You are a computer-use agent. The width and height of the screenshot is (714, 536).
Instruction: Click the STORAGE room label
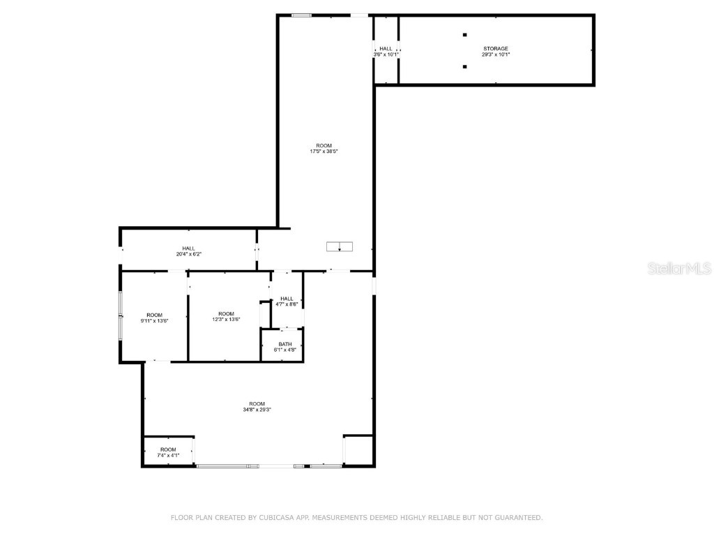coord(496,49)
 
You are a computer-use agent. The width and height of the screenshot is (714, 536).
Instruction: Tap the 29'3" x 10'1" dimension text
coord(496,54)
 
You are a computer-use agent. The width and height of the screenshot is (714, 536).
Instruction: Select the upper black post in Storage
coord(464,35)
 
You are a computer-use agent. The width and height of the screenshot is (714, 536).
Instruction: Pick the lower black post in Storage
coord(464,67)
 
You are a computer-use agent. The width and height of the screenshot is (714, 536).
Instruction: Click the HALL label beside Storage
coord(386,49)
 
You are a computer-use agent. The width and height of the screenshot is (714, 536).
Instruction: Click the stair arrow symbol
coord(340,246)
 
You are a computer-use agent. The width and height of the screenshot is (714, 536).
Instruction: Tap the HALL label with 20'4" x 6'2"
coord(188,248)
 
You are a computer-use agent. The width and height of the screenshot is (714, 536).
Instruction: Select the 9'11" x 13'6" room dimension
coord(155,320)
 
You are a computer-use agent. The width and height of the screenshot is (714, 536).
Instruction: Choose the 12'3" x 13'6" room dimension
coord(226,320)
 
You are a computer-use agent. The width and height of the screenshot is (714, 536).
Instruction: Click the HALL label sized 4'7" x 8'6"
coord(287,299)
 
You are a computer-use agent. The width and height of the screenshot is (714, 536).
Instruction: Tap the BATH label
coord(285,344)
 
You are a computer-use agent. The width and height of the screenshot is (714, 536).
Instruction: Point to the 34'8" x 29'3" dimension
coord(257,410)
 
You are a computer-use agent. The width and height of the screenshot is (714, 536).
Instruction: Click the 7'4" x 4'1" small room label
coord(168,455)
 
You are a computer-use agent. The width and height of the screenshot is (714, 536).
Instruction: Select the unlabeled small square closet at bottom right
coord(358,449)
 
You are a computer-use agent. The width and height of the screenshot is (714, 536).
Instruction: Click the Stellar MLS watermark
coord(679,269)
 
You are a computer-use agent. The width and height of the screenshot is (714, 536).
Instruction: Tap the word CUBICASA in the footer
coord(276,518)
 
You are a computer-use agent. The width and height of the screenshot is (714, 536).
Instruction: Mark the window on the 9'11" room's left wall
coord(121,316)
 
